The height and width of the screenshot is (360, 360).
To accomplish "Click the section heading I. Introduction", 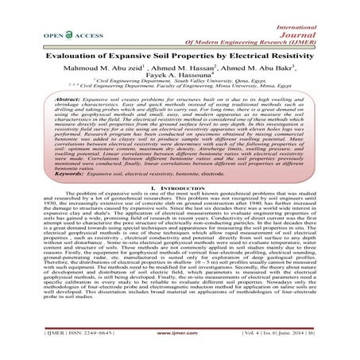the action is pos(180,205).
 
